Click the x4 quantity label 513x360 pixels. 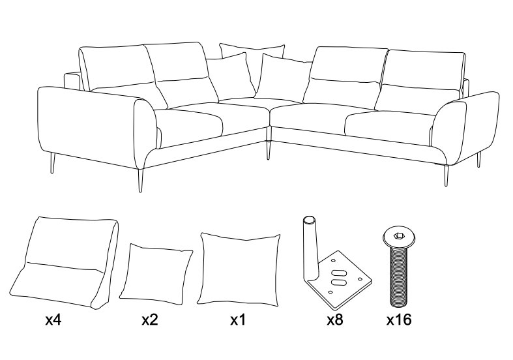[53, 320]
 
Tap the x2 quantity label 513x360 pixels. [150, 320]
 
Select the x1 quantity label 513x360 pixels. [238, 320]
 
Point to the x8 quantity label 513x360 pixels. [335, 320]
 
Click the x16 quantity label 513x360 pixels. [399, 320]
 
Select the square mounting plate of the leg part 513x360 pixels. [340, 280]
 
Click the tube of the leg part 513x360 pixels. [310, 248]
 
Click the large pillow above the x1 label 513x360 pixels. [238, 269]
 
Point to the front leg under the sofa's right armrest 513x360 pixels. [447, 175]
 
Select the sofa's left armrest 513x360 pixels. [95, 128]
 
